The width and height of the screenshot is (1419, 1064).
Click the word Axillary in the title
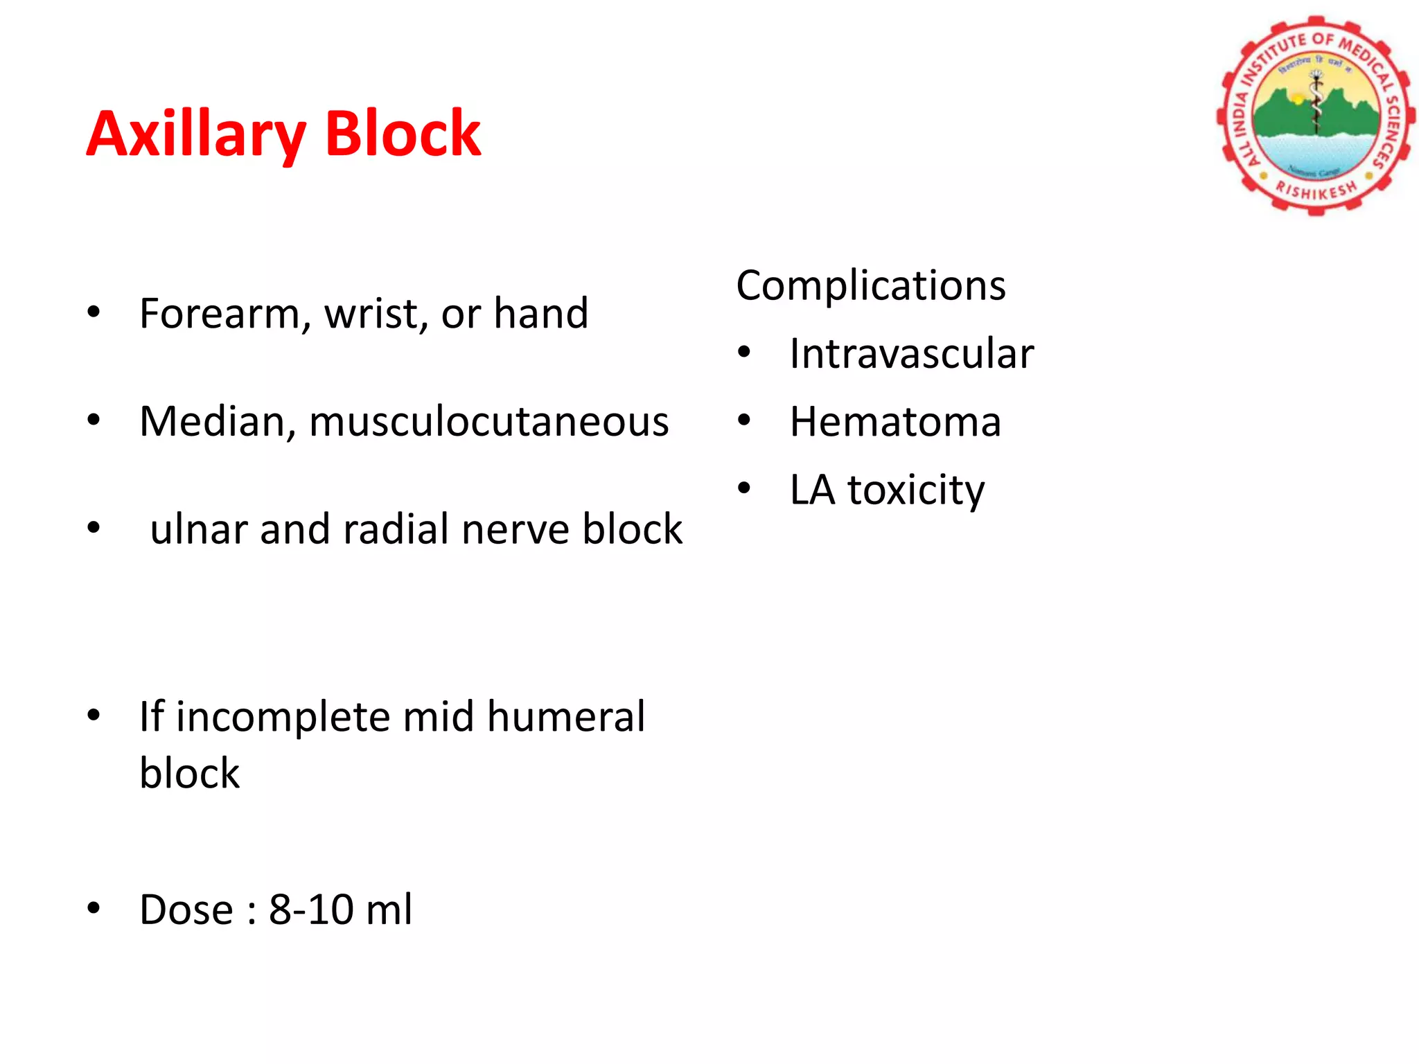[195, 135]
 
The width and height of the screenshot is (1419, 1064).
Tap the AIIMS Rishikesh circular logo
[1314, 115]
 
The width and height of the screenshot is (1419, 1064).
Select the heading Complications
[870, 285]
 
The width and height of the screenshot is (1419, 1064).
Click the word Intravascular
[911, 354]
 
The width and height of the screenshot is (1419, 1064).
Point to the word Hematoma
[895, 422]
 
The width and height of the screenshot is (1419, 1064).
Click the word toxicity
[916, 490]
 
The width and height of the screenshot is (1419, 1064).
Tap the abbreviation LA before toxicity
[812, 490]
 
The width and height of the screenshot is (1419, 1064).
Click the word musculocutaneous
[489, 422]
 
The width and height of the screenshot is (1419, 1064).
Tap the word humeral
[565, 716]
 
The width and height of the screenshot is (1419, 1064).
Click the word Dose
[186, 910]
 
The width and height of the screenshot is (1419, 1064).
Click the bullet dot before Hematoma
[744, 420]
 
